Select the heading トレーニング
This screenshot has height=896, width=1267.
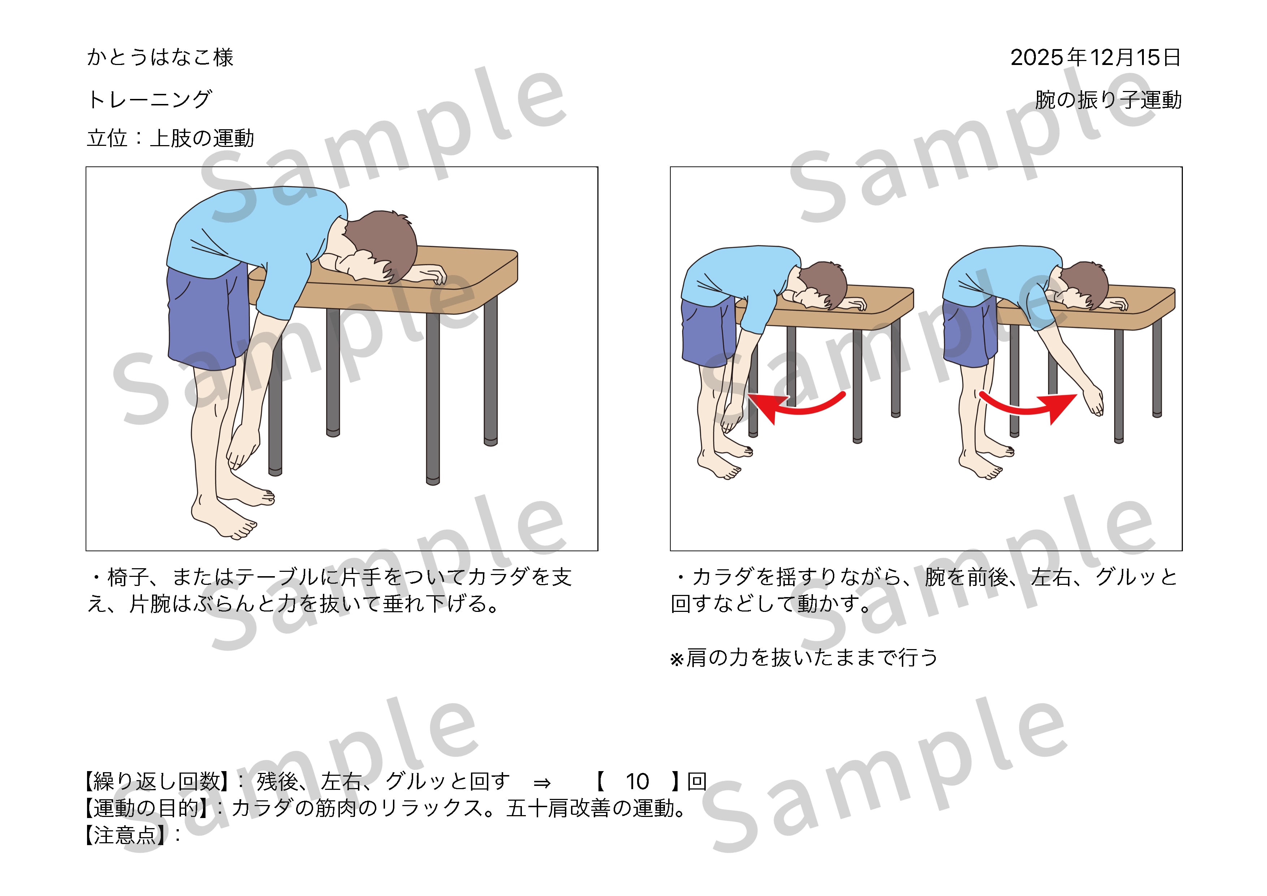tap(150, 99)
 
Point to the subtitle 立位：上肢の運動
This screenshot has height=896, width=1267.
tap(170, 138)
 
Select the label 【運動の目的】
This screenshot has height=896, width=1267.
tap(146, 808)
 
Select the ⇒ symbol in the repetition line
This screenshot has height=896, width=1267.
tap(542, 782)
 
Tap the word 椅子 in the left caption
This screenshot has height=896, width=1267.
tap(128, 577)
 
